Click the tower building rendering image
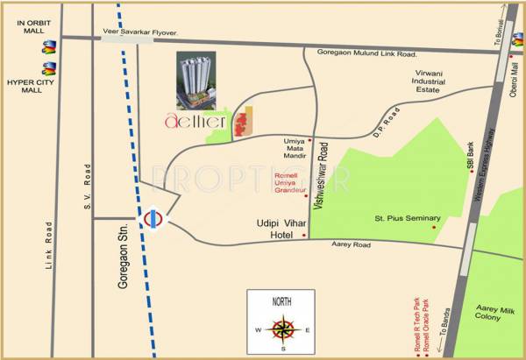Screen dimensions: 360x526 (198, 79)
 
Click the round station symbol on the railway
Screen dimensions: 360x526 (154, 219)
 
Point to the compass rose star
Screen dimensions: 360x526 (283, 330)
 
